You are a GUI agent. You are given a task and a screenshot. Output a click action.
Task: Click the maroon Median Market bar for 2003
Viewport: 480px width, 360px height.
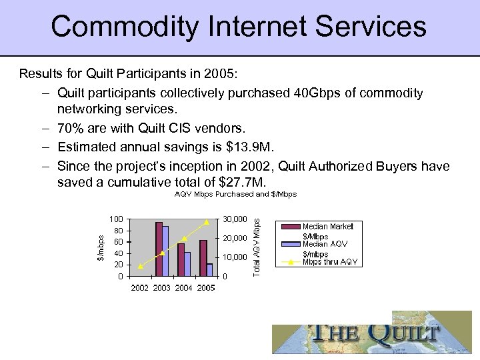[x=159, y=249]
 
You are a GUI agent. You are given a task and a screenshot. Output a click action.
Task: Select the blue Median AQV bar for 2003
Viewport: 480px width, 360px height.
[x=165, y=251]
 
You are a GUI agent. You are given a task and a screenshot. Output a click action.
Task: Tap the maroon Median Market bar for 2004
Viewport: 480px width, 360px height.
[x=181, y=259]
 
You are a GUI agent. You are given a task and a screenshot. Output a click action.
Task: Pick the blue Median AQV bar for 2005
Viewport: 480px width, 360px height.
[x=209, y=269]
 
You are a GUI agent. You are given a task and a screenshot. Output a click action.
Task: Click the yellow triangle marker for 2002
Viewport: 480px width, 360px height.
[x=140, y=267]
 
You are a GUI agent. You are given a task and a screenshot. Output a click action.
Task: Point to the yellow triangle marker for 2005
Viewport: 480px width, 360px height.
[x=207, y=221]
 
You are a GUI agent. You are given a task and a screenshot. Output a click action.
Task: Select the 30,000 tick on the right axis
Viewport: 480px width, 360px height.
[x=235, y=219]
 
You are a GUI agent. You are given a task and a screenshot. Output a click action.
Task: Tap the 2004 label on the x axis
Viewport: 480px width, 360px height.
[x=184, y=288]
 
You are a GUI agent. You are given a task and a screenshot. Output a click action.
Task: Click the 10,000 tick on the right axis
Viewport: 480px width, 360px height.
[x=235, y=257]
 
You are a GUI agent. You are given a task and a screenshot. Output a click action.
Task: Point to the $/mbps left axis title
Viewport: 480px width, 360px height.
[x=100, y=247]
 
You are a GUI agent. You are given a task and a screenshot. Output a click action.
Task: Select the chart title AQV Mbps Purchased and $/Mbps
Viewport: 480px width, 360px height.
[x=235, y=194]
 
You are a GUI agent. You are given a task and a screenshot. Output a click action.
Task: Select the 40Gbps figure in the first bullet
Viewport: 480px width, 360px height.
[x=316, y=93]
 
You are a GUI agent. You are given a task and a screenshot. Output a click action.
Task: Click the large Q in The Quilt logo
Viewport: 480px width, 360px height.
[x=377, y=333]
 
